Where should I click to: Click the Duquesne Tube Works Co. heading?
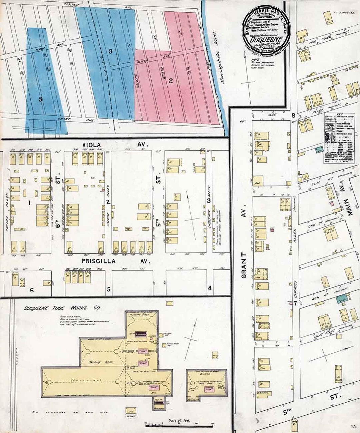pos(62,308)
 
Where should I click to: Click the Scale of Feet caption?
pos(179,420)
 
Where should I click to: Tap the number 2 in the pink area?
pos(171,80)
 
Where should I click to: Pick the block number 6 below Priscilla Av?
pos(32,290)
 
